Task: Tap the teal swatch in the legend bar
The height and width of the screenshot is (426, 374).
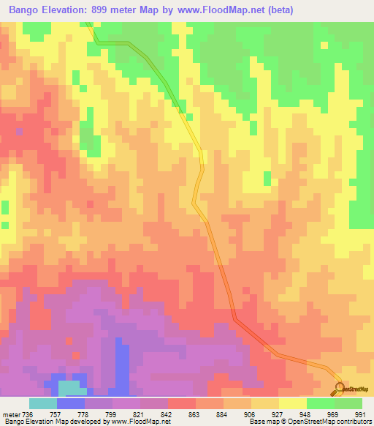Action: [42, 403]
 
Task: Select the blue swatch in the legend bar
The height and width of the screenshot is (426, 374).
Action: [71, 403]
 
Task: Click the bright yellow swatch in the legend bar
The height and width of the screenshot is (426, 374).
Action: [293, 403]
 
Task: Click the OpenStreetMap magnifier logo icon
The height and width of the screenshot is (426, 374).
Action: [340, 387]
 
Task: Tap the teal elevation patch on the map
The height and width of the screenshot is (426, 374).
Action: [69, 387]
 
